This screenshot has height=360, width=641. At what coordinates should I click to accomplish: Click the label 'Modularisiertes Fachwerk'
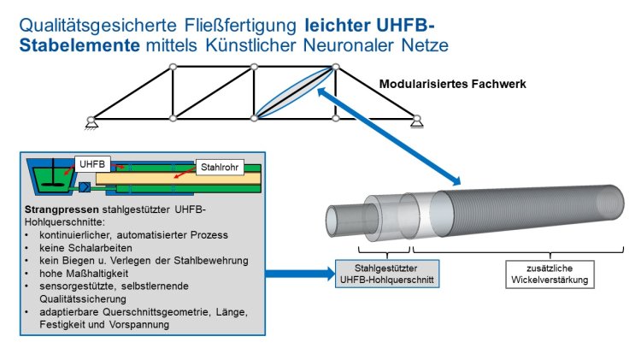tap(453, 85)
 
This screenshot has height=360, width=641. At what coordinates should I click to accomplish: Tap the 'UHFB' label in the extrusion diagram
tap(90, 162)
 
